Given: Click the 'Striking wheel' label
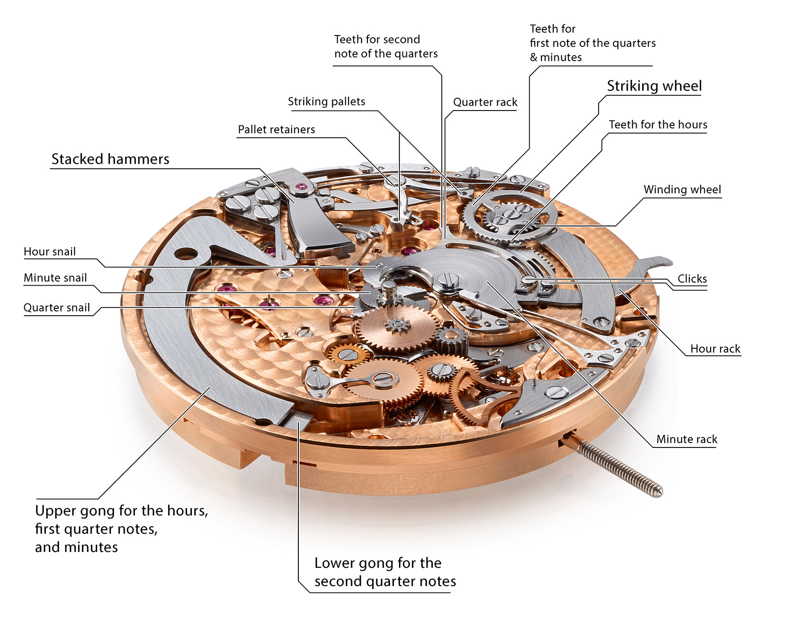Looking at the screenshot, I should click(x=654, y=86).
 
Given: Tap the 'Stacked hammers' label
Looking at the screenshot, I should click(x=110, y=159).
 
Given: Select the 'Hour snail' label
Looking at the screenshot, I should click(x=50, y=252).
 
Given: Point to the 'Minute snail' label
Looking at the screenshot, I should click(x=55, y=278).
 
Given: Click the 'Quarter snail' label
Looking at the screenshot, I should click(x=57, y=308).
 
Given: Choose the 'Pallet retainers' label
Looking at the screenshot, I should click(x=276, y=129).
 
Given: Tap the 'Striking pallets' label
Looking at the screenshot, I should click(x=326, y=102).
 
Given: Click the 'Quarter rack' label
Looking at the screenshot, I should click(x=485, y=102).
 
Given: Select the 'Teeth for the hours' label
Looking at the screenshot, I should click(x=658, y=124).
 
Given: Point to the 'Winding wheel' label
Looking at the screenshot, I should click(x=682, y=189).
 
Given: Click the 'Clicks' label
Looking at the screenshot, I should click(x=692, y=279).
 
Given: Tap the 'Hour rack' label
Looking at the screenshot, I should click(x=715, y=349).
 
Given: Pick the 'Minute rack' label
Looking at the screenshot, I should click(x=686, y=439).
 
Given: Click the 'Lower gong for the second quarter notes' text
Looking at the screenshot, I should click(x=385, y=572).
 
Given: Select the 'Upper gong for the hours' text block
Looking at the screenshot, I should click(x=121, y=528).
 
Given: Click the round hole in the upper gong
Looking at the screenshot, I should click(x=185, y=254).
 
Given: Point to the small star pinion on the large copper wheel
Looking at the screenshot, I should click(x=397, y=326).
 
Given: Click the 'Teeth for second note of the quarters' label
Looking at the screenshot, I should click(x=386, y=46).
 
